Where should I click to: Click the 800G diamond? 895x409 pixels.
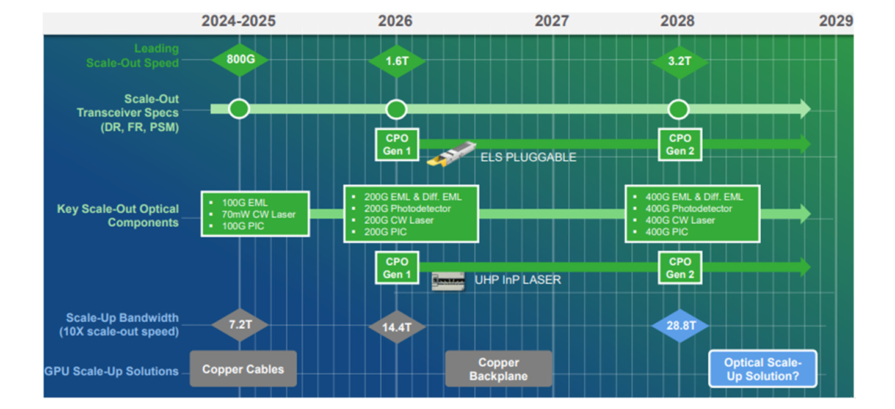pos(240,60)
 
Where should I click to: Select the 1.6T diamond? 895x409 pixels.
pos(397,61)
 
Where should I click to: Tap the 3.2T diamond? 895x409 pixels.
pos(679,62)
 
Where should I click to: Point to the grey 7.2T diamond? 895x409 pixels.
pos(240,325)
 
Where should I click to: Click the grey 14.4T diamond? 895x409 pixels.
pos(397,327)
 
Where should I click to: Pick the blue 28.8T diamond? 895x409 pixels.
pos(680,326)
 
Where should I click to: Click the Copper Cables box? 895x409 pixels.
pos(243,369)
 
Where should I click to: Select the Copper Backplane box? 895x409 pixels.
pos(499,369)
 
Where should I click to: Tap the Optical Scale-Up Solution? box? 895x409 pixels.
pos(763,369)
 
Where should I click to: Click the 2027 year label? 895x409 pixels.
pos(552,21)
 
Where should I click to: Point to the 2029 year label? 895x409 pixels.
pos(836,21)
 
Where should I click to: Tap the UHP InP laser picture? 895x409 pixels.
pos(448,281)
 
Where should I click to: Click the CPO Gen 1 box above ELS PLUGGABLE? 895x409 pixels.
pos(397,144)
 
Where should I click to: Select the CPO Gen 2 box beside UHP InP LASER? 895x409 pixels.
pos(680,268)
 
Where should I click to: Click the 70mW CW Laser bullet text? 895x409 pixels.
pos(258,215)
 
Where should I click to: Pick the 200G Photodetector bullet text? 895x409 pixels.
pos(407,208)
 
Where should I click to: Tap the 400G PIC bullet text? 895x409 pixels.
pos(667,232)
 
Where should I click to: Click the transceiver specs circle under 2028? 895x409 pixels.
pos(678,109)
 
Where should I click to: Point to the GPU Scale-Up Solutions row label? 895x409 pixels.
pos(112,371)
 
